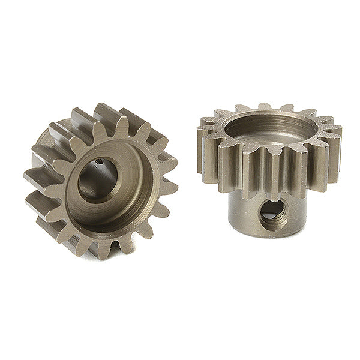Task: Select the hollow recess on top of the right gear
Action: click(x=270, y=129)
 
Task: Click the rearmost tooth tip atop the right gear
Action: click(x=264, y=107)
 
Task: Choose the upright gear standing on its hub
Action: click(x=270, y=168)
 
